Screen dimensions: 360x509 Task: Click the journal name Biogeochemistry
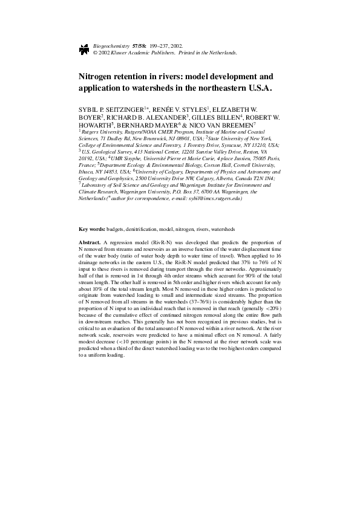pyautogui.click(x=112, y=45)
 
